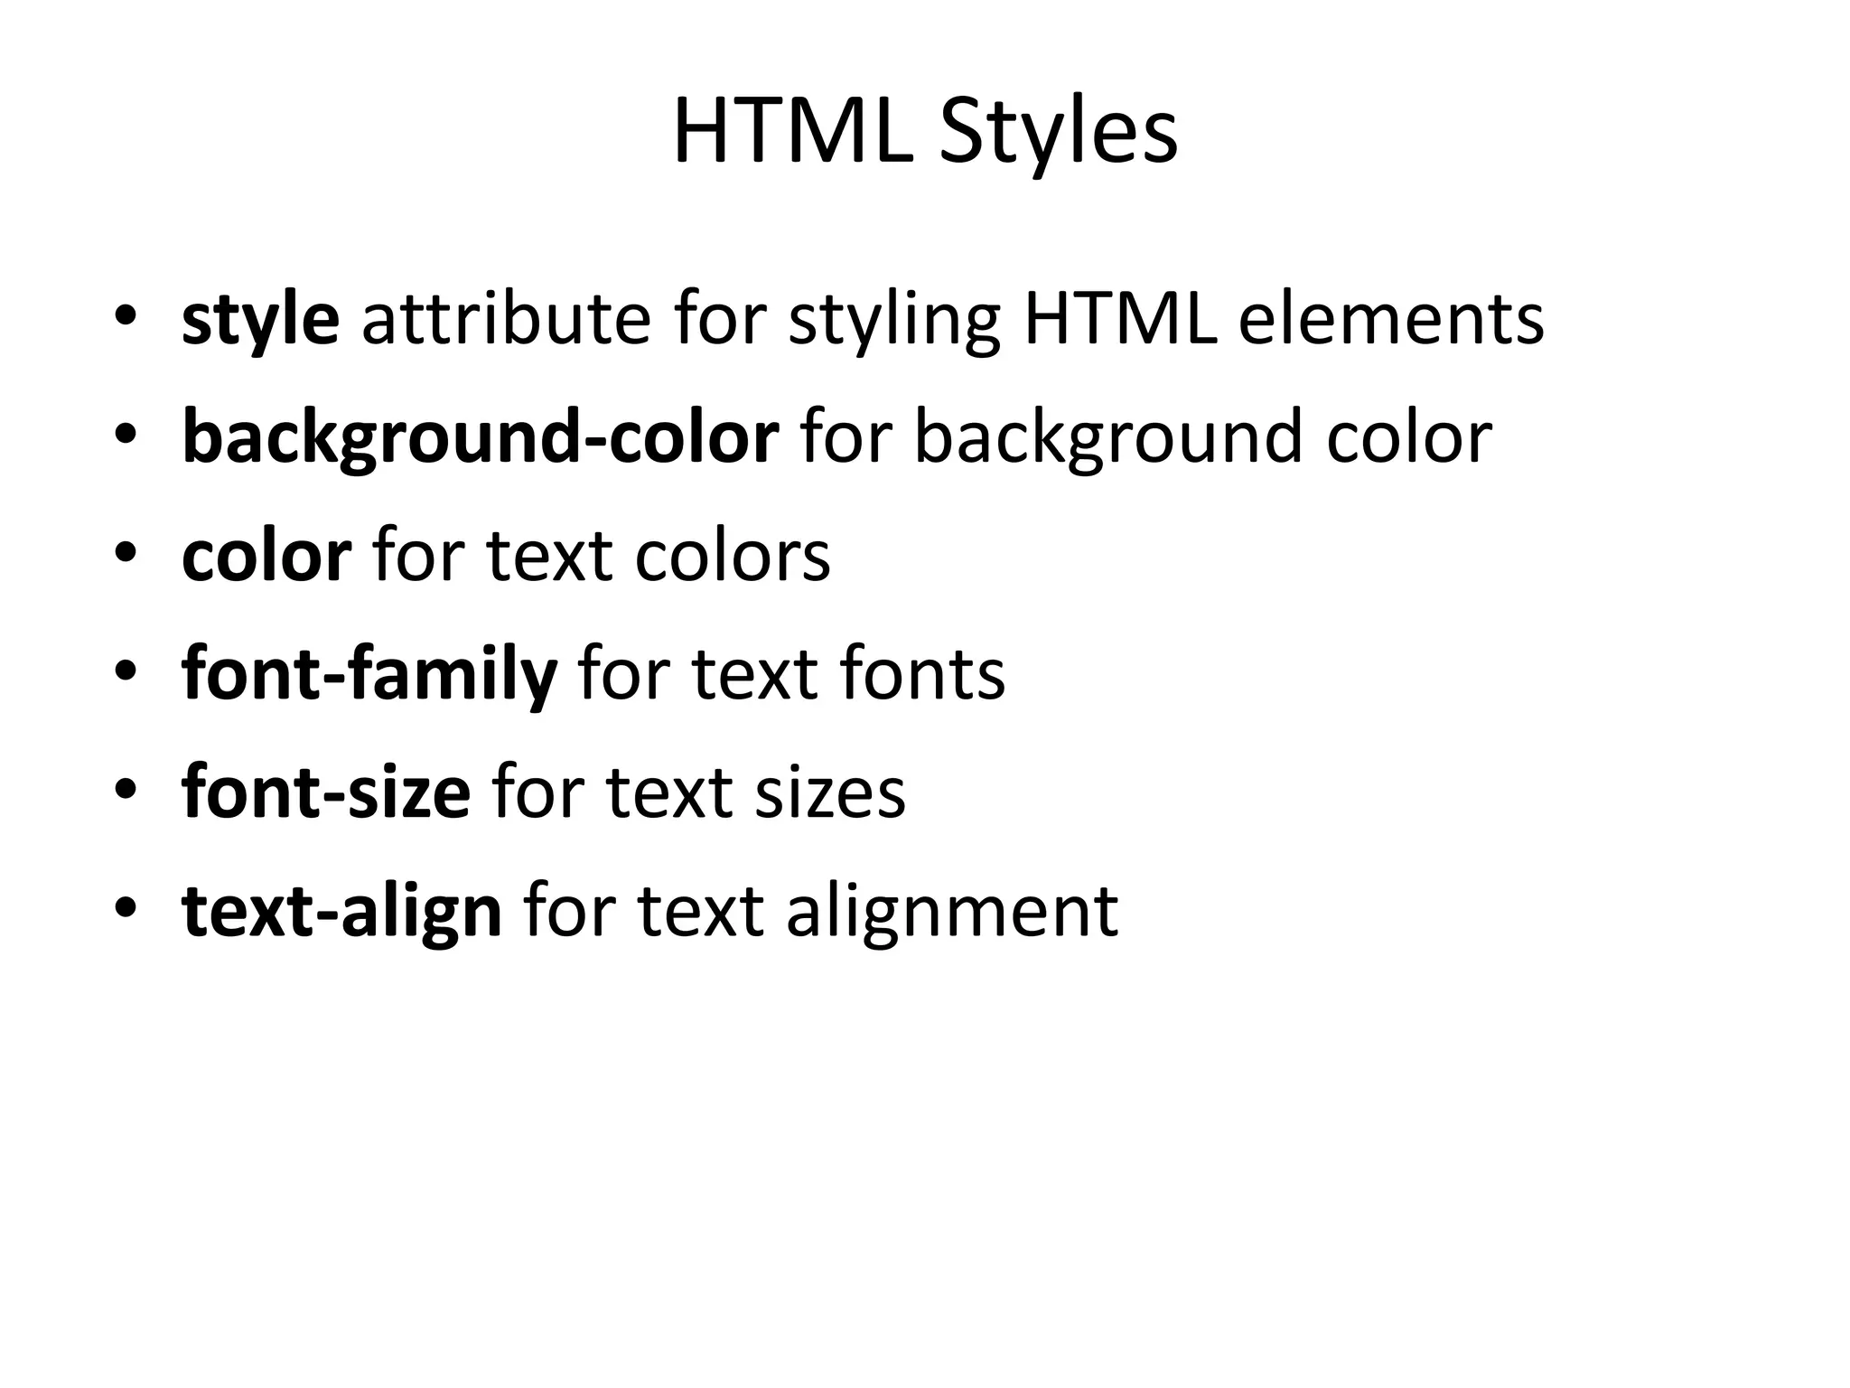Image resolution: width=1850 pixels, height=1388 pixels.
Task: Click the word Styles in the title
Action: click(x=1058, y=134)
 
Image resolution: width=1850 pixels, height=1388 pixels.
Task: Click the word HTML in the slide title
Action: click(x=791, y=134)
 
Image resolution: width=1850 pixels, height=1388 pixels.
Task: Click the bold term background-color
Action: click(x=480, y=437)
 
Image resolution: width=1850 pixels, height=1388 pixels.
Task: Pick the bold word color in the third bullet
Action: click(x=266, y=556)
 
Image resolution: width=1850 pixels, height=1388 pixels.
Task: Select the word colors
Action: click(x=732, y=556)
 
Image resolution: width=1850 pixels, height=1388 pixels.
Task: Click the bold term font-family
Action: click(x=369, y=674)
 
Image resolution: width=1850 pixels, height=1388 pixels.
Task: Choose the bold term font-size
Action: click(x=325, y=792)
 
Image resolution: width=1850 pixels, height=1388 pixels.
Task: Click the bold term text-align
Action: click(x=341, y=911)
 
